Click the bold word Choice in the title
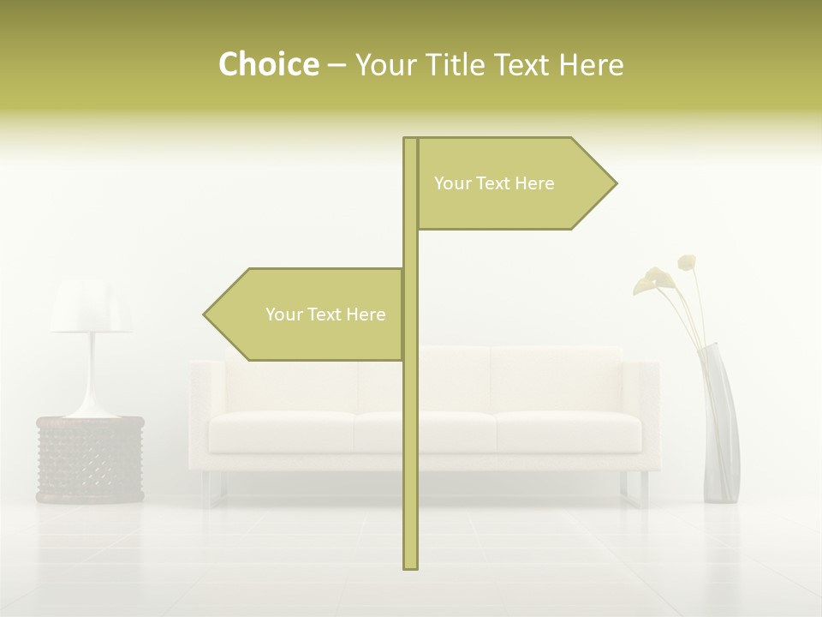click(268, 64)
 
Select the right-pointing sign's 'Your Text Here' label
click(494, 183)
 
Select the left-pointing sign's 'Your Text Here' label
click(325, 314)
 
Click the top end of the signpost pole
click(410, 140)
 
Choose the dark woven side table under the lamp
click(90, 459)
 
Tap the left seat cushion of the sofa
click(283, 431)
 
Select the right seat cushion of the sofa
click(568, 431)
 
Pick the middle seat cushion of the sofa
click(425, 431)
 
